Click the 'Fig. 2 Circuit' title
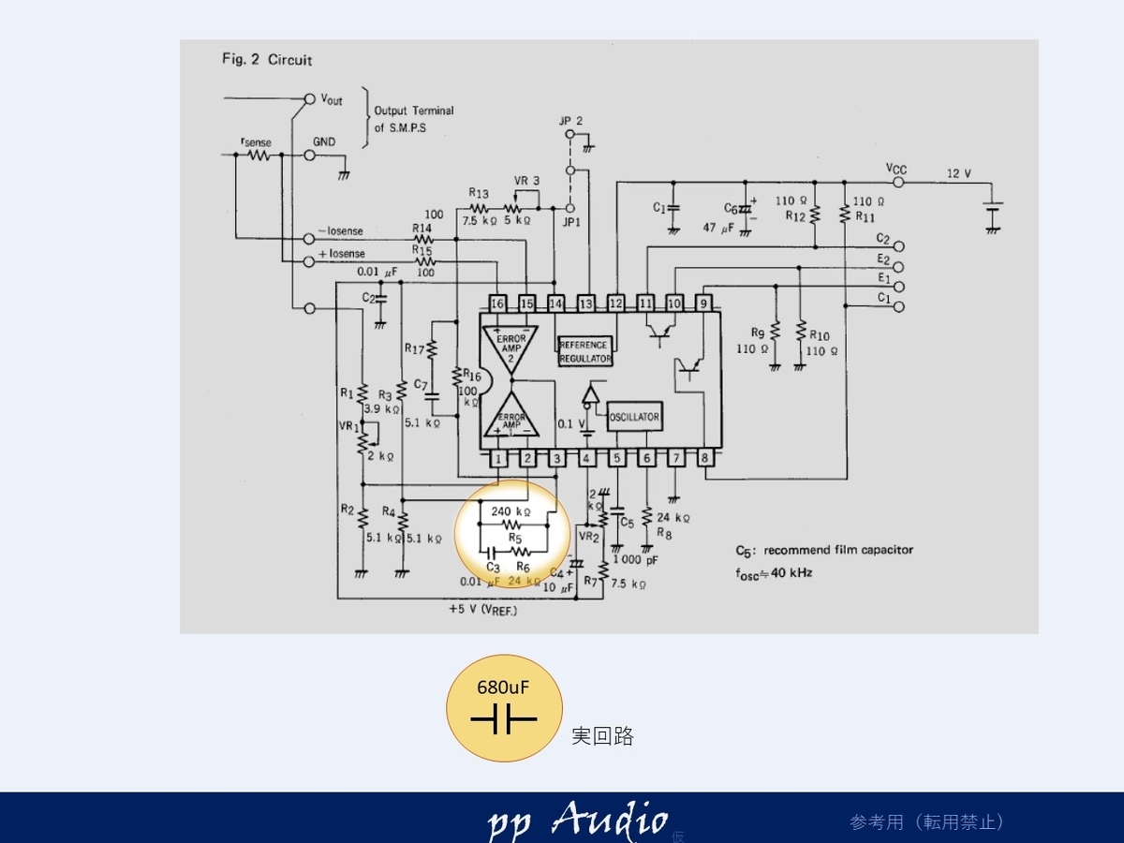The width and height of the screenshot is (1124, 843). coord(267,60)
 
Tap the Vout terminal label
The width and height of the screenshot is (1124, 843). coord(332,98)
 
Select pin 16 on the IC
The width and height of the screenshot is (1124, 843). coord(497,303)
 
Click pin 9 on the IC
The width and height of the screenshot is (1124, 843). coord(703,303)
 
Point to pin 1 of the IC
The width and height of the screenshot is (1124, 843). coord(498,458)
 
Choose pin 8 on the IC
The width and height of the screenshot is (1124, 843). coord(704,458)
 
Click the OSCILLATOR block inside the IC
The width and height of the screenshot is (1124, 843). coord(634,417)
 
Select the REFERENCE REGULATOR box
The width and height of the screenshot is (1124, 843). coord(584,352)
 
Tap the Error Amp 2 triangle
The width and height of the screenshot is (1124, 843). coord(510,348)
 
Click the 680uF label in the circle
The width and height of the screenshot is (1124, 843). coord(503,687)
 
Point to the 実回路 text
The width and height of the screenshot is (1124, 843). coord(602,736)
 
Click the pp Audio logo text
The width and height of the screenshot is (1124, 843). coord(577,821)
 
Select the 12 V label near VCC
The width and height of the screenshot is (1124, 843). coord(959,174)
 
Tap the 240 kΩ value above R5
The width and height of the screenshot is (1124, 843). coord(511,512)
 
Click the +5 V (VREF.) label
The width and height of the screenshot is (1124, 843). coord(482,610)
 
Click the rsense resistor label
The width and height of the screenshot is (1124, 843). coord(256,141)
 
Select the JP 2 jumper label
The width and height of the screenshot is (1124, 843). coord(570,121)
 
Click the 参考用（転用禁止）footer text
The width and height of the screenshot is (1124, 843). coord(927,821)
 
